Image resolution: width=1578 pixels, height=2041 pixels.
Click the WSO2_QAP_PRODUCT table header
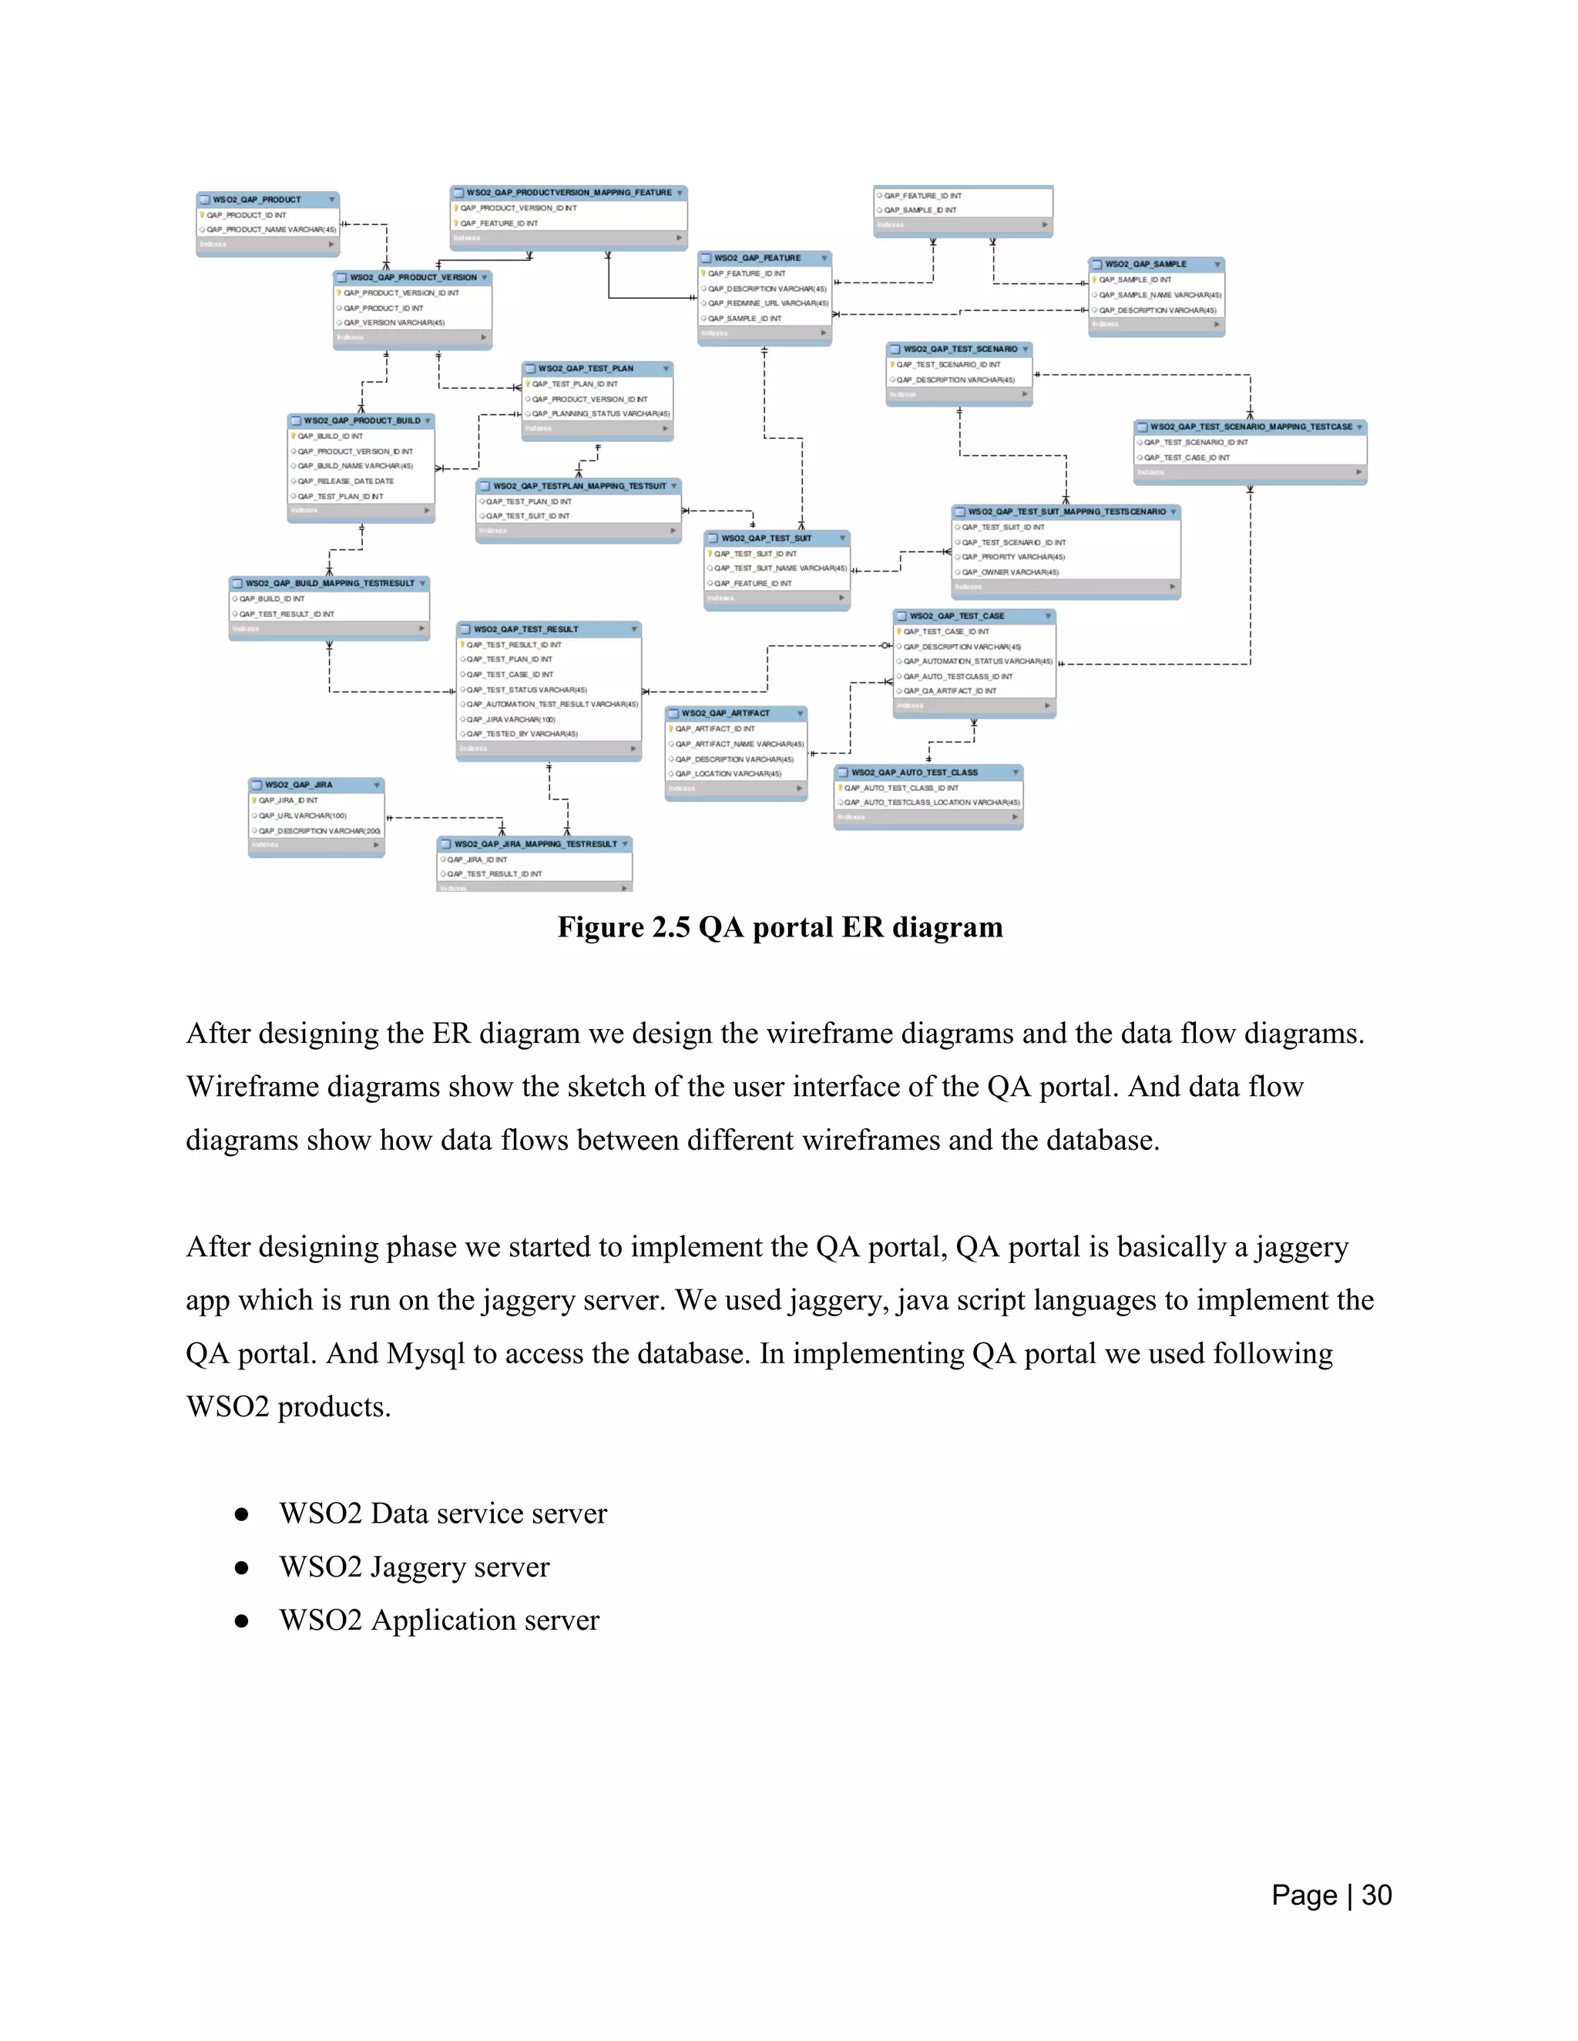tap(257, 199)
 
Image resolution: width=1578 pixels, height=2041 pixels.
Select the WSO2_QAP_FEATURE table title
tap(757, 258)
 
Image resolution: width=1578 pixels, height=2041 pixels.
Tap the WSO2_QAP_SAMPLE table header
tap(1145, 264)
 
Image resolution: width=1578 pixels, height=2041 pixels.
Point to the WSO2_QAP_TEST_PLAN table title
tap(586, 368)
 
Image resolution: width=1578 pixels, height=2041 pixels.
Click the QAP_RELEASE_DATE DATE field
tap(345, 481)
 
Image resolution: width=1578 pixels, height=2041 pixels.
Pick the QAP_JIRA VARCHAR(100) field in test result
tap(510, 719)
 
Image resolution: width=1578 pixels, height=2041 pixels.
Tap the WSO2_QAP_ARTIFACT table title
tap(725, 713)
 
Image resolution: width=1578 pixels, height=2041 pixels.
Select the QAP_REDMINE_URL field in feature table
tap(767, 303)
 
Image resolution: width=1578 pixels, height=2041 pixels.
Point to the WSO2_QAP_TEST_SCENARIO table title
tap(960, 349)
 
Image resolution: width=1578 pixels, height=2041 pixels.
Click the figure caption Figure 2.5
tap(780, 927)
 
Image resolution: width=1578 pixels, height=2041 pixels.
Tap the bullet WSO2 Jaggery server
tap(414, 1567)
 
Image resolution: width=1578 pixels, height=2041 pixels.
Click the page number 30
tap(1376, 1895)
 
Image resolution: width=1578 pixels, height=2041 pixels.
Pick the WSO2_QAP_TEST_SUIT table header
tap(766, 538)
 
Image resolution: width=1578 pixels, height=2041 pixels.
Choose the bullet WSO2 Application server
tap(438, 1620)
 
